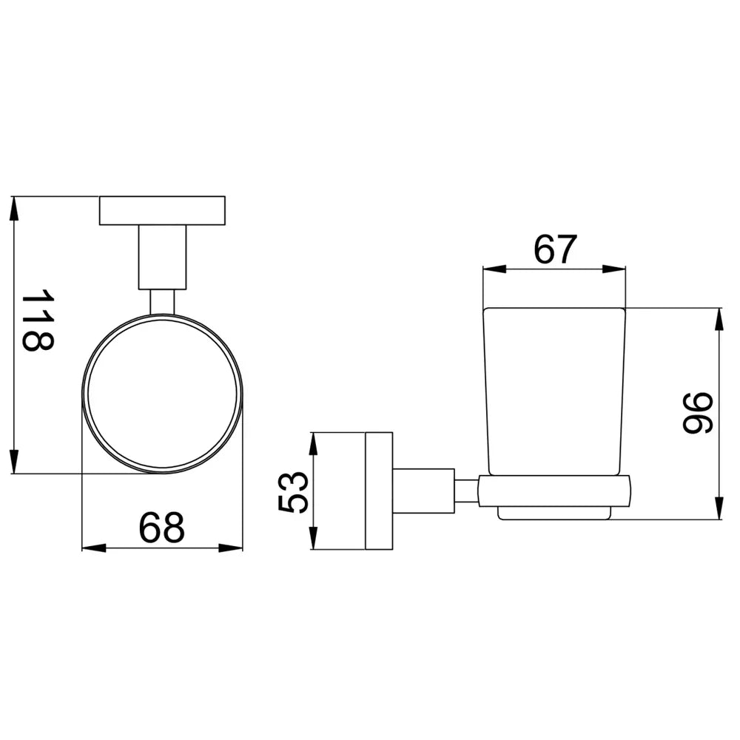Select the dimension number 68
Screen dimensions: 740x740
click(x=161, y=527)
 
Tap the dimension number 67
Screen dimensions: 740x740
click(x=556, y=249)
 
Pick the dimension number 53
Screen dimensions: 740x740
click(x=293, y=492)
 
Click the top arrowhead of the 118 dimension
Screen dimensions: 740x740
click(x=14, y=209)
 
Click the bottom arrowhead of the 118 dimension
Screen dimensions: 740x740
click(x=14, y=461)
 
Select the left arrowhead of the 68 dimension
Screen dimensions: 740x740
click(x=94, y=548)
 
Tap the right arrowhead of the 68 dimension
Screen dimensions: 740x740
click(x=231, y=548)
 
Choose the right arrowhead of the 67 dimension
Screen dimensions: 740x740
click(x=613, y=269)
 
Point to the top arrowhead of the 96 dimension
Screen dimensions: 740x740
click(x=719, y=320)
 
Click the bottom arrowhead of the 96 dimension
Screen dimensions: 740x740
click(x=719, y=508)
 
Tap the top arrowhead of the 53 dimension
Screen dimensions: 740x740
click(x=313, y=445)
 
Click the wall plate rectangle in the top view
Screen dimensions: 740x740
click(x=162, y=210)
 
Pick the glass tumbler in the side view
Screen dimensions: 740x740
click(x=554, y=391)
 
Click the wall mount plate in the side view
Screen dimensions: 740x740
click(x=379, y=491)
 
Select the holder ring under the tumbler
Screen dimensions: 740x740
click(x=554, y=491)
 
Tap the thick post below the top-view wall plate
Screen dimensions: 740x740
click(x=162, y=258)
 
